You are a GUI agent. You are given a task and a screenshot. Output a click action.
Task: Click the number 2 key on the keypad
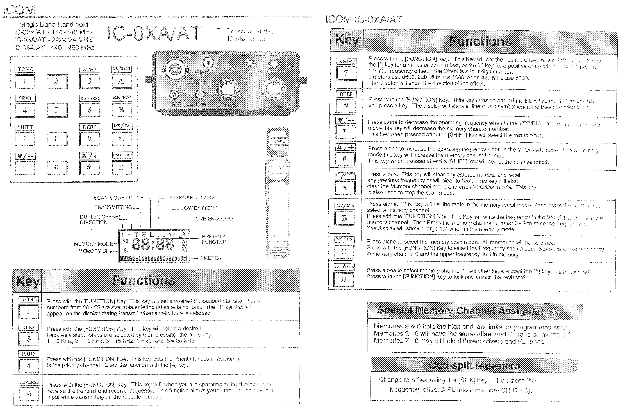tap(57, 81)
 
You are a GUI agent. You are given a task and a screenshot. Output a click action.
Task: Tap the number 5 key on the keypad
tap(57, 110)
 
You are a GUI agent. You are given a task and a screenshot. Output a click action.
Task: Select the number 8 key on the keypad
tap(57, 139)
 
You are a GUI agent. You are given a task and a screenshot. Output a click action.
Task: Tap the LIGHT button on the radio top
tap(174, 95)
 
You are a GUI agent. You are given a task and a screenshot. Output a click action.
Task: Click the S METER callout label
tap(210, 258)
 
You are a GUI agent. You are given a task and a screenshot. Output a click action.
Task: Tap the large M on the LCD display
tap(126, 242)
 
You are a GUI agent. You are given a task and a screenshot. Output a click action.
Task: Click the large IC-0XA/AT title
tap(154, 34)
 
